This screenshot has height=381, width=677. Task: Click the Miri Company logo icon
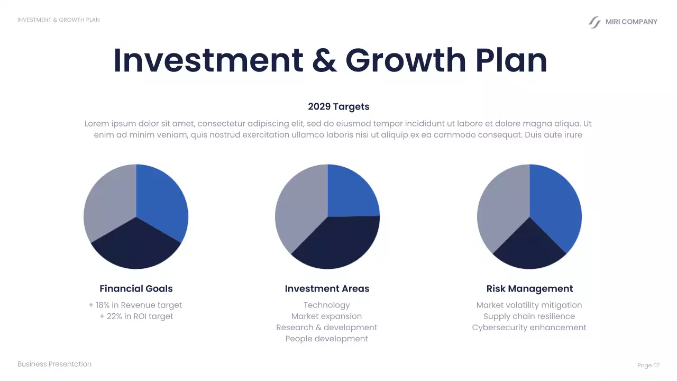[x=595, y=22]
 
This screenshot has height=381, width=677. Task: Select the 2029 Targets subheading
[x=338, y=106]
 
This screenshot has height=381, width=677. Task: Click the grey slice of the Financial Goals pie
[x=108, y=201]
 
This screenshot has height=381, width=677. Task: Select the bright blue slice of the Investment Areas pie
[x=352, y=190]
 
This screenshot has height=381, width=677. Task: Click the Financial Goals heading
[x=136, y=288]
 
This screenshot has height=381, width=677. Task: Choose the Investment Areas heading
[x=327, y=288]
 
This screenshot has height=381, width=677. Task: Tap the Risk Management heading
[x=529, y=288]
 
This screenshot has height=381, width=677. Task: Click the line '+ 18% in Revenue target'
[x=135, y=305]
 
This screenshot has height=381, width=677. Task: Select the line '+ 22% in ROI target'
[x=136, y=316]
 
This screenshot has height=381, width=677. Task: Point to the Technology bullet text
[x=326, y=305]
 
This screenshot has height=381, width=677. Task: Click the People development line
[x=326, y=339]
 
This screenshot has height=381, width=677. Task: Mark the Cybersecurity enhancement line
[x=529, y=328]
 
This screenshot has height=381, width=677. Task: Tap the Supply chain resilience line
[x=529, y=316]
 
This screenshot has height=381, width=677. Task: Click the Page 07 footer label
[x=648, y=366]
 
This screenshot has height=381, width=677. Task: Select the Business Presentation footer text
[x=54, y=364]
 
